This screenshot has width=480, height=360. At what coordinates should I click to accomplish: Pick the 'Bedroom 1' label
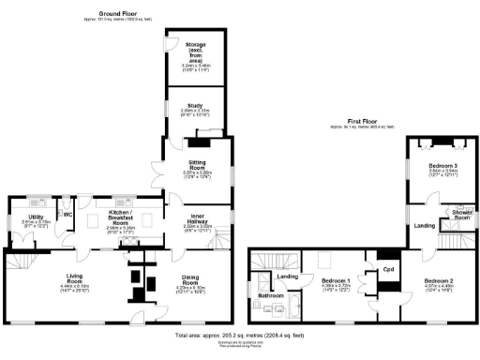pos(336,281)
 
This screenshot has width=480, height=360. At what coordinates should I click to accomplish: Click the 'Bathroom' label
pos(271,296)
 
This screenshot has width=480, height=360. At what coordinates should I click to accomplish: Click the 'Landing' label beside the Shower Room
pos(424,226)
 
